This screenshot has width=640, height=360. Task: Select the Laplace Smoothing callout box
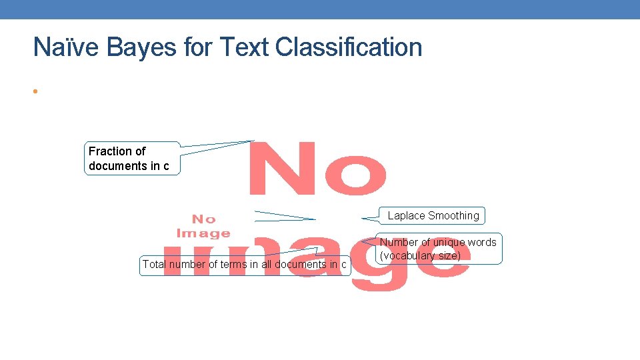coord(433,216)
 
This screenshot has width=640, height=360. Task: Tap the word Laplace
coord(407,216)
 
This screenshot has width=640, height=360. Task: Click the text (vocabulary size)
coord(420,256)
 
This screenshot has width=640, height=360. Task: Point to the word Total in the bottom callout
coord(154,265)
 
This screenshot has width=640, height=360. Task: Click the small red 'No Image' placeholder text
coord(203,225)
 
